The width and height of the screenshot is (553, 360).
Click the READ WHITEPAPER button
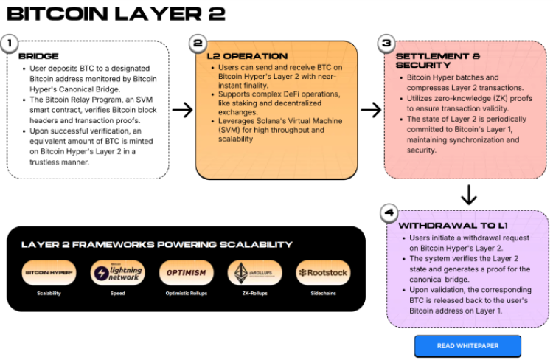point(467,345)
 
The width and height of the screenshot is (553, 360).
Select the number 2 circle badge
point(197,44)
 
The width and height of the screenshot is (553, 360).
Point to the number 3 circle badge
point(385,44)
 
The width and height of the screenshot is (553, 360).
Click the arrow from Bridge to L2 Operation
point(182,110)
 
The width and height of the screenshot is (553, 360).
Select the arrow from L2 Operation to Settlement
point(371,110)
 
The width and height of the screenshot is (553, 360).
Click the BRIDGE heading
point(38,56)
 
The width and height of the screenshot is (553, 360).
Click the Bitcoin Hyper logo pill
point(49,273)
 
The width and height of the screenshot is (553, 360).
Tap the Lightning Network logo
point(117,273)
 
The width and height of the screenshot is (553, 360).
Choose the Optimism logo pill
point(186,273)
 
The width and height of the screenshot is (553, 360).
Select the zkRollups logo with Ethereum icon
point(254,273)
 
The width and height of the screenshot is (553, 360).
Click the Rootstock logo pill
point(323,273)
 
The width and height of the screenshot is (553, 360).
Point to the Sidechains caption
point(323,294)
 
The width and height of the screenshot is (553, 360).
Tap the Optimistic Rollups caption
point(186,294)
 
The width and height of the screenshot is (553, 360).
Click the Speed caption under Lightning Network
point(117,294)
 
